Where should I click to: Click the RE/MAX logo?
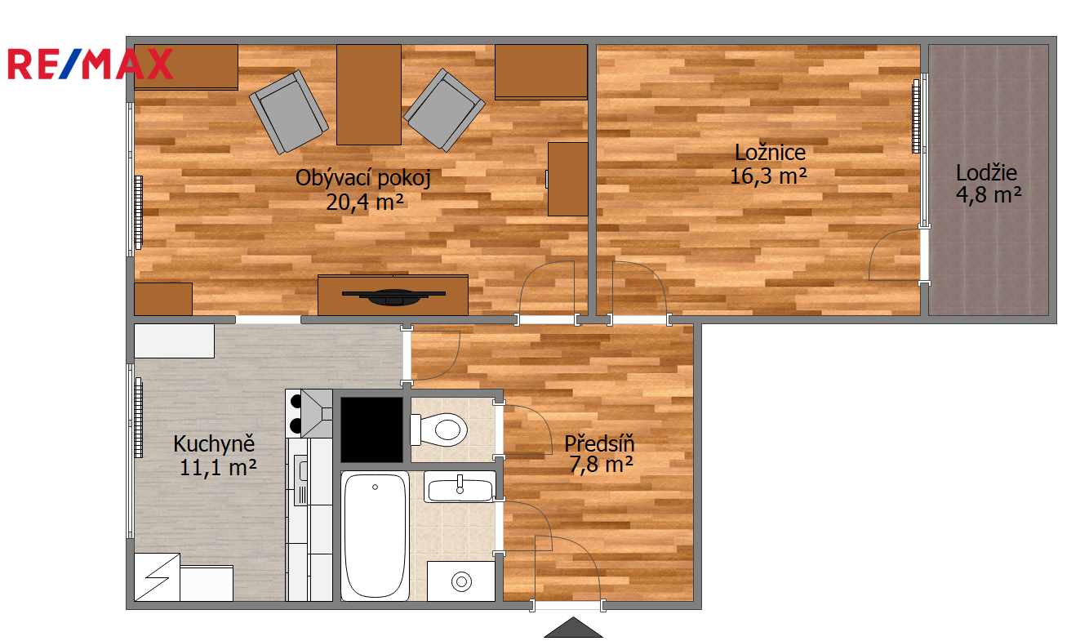point(91,64)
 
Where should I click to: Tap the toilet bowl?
point(439,430)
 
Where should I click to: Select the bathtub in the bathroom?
point(375,536)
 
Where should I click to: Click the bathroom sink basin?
point(460,487)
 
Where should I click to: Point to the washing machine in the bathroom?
point(461,581)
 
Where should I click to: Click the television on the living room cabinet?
point(393,296)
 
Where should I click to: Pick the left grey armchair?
point(289,111)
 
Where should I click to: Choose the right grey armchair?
point(444,110)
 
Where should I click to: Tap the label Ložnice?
point(770,152)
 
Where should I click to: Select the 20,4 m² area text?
point(365,203)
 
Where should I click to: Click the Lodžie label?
point(986,172)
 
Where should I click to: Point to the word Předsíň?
point(599,443)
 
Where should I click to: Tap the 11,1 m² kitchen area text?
point(218,467)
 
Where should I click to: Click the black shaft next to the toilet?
point(372,430)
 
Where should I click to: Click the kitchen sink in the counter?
point(301,479)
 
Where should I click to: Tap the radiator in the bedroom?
point(916,116)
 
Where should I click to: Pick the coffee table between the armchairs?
point(369,95)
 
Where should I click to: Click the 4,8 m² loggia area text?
point(989,195)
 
